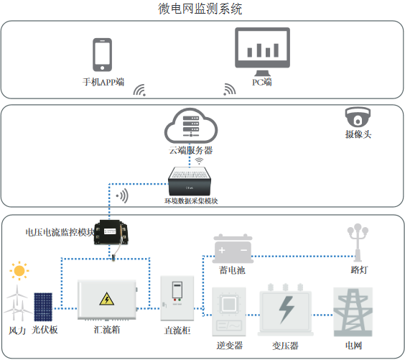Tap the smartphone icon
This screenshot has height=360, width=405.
coord(103,55)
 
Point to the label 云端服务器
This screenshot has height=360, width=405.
coord(191,151)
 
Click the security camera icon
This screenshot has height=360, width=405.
coord(357,117)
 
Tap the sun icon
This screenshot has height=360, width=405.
coord(19,272)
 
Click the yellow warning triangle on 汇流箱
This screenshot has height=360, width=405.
coord(106,299)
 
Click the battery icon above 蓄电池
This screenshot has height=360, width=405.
coord(232,249)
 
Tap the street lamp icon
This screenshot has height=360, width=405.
coord(357,243)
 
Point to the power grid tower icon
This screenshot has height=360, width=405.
coord(353,310)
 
